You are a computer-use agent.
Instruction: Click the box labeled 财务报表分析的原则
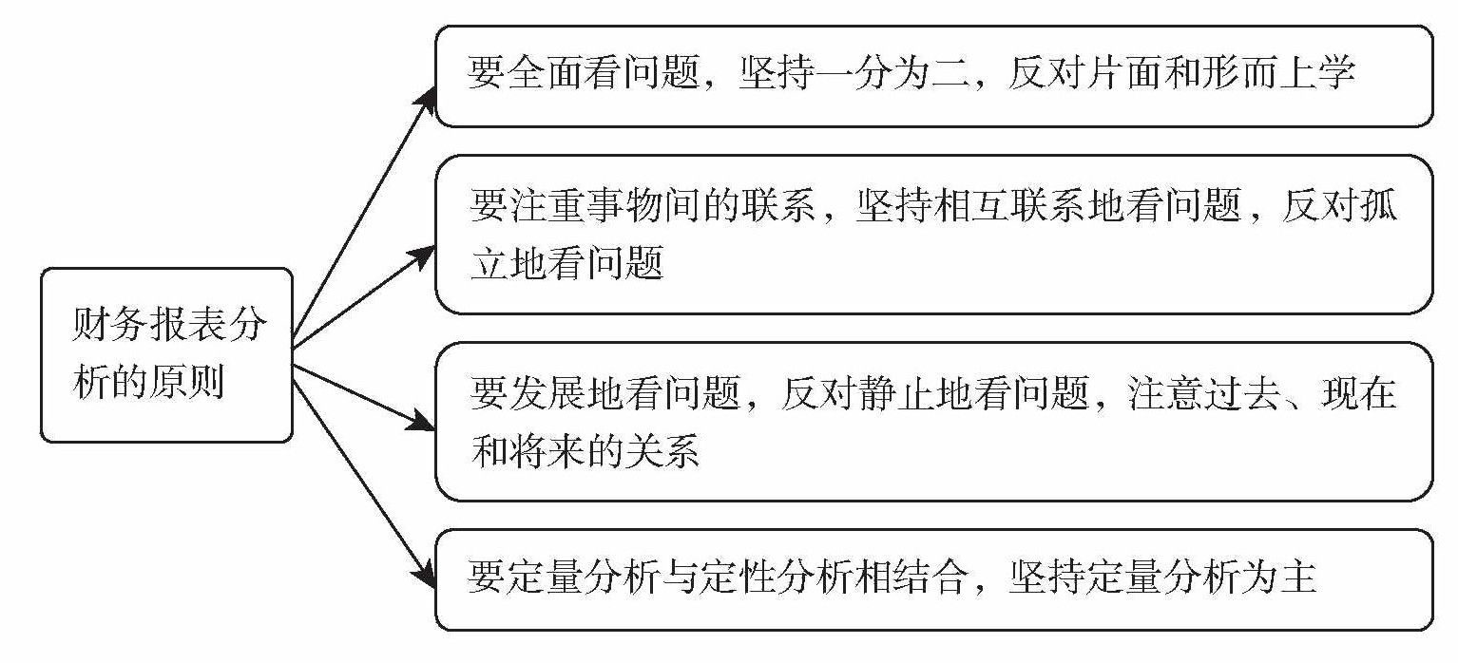(166, 355)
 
